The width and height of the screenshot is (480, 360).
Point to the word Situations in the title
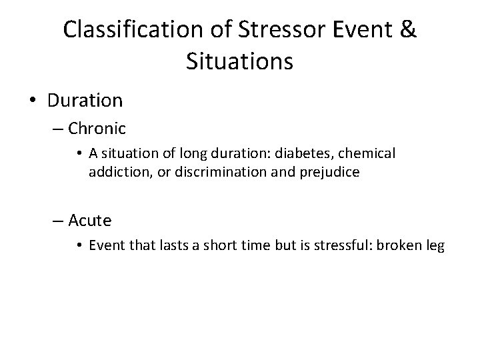[x=240, y=63]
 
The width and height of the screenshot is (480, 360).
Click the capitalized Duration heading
[x=85, y=101]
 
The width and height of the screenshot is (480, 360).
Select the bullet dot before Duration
[x=34, y=101]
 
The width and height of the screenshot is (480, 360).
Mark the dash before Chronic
[x=59, y=128]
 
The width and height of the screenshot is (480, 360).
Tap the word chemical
[x=365, y=154]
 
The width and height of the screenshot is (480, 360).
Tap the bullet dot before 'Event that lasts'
[x=79, y=246]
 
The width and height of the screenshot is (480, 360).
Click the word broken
[x=398, y=245]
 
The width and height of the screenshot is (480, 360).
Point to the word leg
[x=434, y=246]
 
